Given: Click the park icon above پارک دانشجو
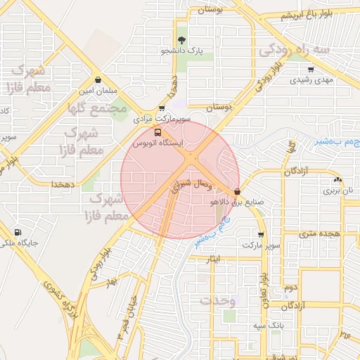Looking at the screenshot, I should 182,39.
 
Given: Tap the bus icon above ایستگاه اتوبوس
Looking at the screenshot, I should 157,131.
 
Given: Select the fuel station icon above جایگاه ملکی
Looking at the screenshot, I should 18,233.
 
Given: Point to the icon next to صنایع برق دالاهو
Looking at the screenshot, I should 237,191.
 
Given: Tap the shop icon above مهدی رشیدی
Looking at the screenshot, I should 311,70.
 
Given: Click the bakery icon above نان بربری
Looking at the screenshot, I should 337,179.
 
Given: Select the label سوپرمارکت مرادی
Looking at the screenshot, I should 162,120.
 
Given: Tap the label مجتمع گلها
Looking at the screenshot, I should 97,109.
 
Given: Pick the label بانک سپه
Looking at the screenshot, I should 269,325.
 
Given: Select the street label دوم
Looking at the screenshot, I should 290,288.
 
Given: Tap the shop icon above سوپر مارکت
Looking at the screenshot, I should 262,235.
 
